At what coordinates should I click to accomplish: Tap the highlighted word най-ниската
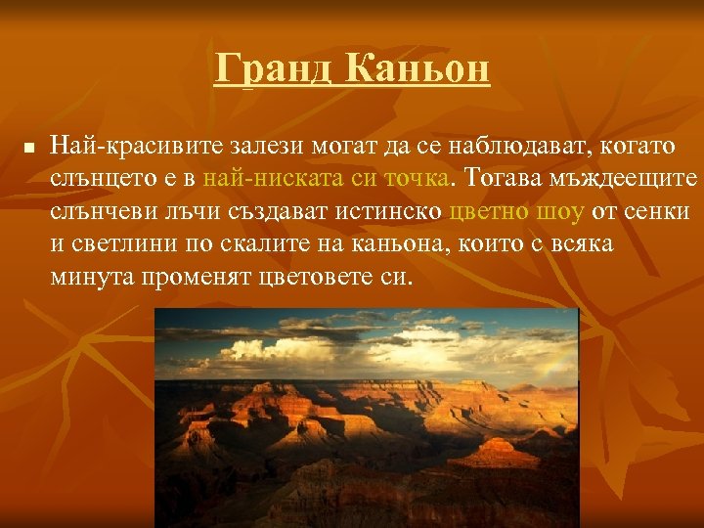click(x=262, y=180)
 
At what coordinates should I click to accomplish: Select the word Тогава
click(x=500, y=180)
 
